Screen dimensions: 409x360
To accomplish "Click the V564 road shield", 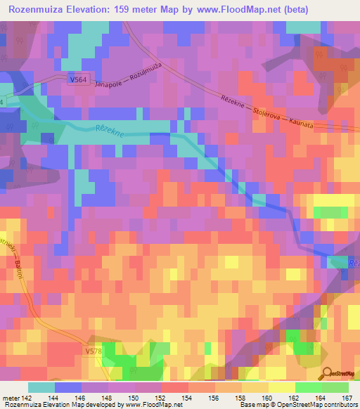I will pyautogui.click(x=79, y=81).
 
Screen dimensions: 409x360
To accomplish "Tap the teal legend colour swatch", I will pyautogui.click(x=41, y=387).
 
